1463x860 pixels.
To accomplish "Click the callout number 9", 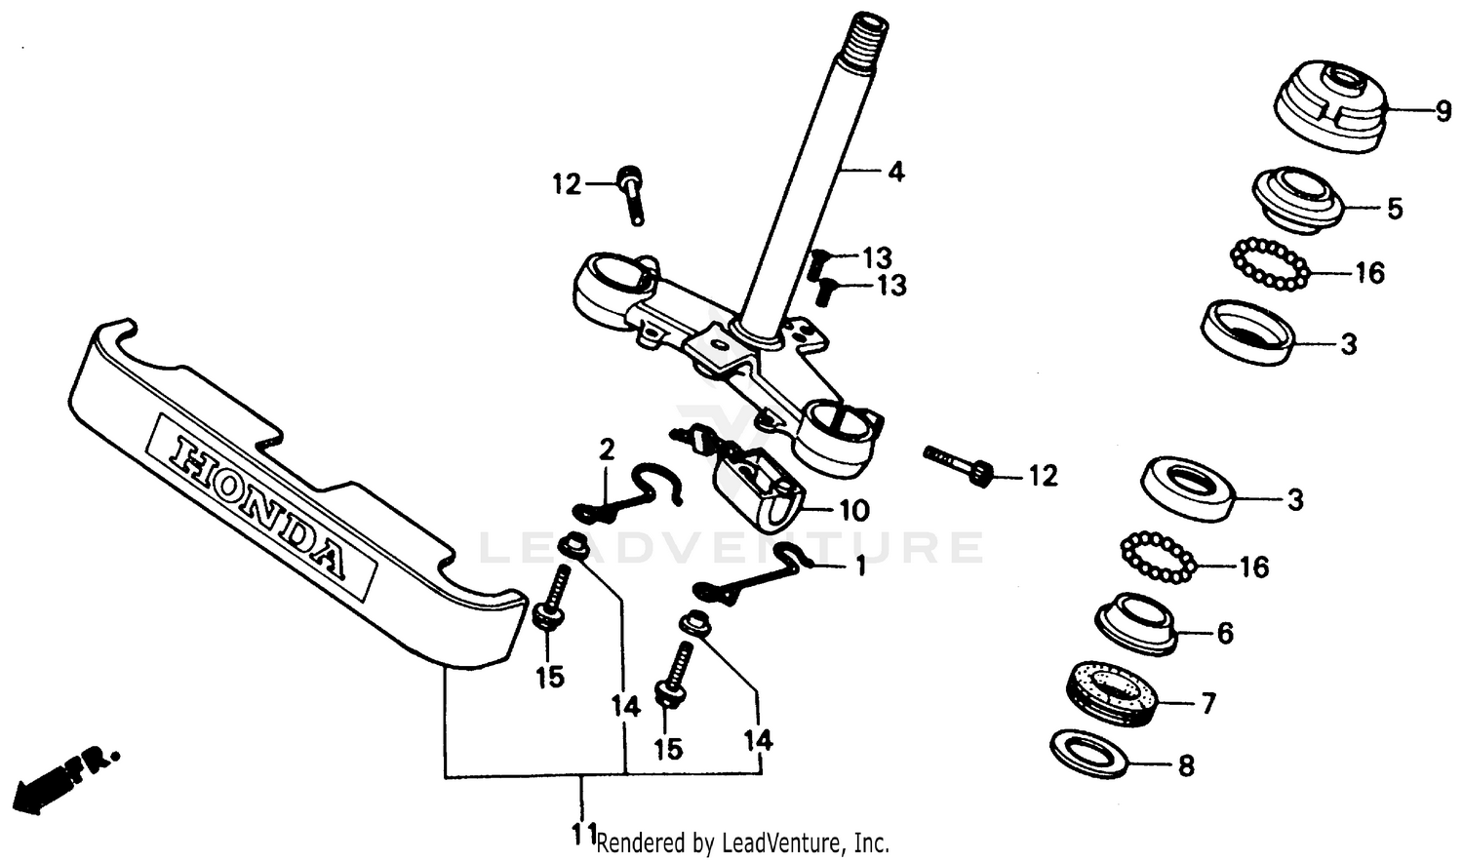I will (1443, 112).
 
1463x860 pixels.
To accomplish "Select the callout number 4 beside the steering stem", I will (895, 173).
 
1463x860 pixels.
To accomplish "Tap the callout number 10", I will (854, 510).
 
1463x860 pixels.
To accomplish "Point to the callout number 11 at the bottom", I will (584, 835).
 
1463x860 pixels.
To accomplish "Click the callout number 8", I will (1186, 765).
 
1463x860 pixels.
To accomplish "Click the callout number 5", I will (1395, 209).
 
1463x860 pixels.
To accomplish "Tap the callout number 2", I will (607, 450).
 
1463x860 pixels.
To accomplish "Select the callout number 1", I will (859, 567).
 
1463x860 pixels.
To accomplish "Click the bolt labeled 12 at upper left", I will (630, 195).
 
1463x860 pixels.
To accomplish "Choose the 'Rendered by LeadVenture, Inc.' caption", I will (742, 842).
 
